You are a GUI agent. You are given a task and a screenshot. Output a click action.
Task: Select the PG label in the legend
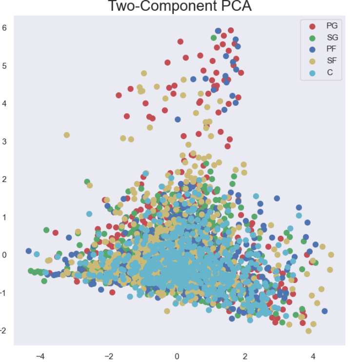[332, 25]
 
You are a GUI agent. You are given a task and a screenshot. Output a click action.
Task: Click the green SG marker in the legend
[313, 38]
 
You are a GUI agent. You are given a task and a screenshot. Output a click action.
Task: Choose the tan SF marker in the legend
[313, 61]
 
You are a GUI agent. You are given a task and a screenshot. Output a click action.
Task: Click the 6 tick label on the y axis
[4, 27]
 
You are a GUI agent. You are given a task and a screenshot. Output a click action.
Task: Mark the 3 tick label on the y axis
[4, 141]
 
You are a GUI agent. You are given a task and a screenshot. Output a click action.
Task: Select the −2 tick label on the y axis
[3, 330]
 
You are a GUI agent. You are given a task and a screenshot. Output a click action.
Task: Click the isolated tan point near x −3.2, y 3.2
[67, 135]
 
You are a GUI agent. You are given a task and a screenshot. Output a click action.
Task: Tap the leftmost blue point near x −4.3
[29, 251]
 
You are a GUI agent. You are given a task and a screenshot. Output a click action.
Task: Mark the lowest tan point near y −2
[308, 331]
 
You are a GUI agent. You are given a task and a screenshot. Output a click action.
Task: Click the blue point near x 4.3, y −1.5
[324, 311]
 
